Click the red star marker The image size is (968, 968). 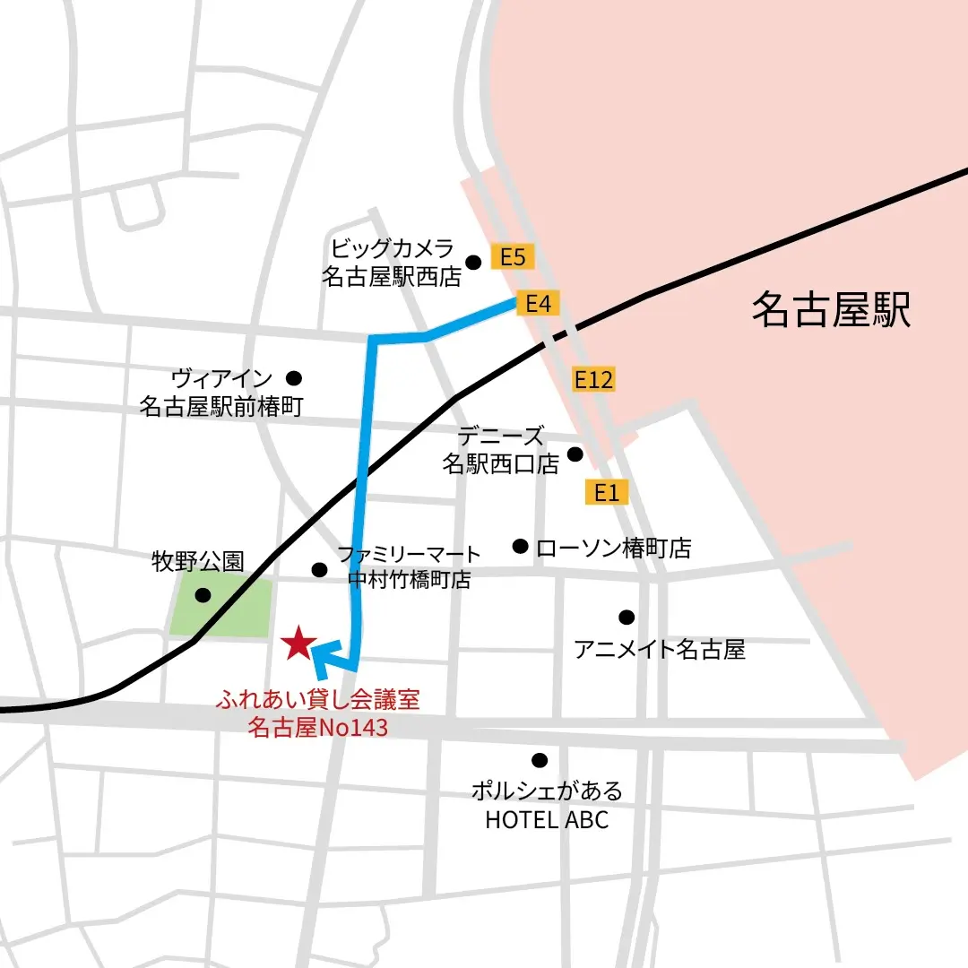click(x=297, y=644)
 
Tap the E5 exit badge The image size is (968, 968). click(x=512, y=258)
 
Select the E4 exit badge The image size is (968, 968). click(x=537, y=304)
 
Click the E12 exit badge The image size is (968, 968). click(x=593, y=380)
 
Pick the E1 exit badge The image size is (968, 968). click(x=607, y=491)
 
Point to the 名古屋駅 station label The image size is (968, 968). click(x=830, y=311)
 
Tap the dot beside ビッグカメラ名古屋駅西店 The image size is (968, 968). click(x=474, y=262)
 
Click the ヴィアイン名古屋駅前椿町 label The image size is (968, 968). click(x=221, y=393)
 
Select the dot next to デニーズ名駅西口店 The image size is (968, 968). click(x=575, y=454)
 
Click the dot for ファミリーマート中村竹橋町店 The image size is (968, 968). click(x=319, y=569)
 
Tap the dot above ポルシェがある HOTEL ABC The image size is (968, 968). click(x=539, y=760)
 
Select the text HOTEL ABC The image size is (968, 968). click(x=546, y=819)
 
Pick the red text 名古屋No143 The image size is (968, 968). click(x=317, y=727)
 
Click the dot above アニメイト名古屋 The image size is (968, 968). click(x=627, y=617)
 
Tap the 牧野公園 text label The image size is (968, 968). click(x=196, y=562)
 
